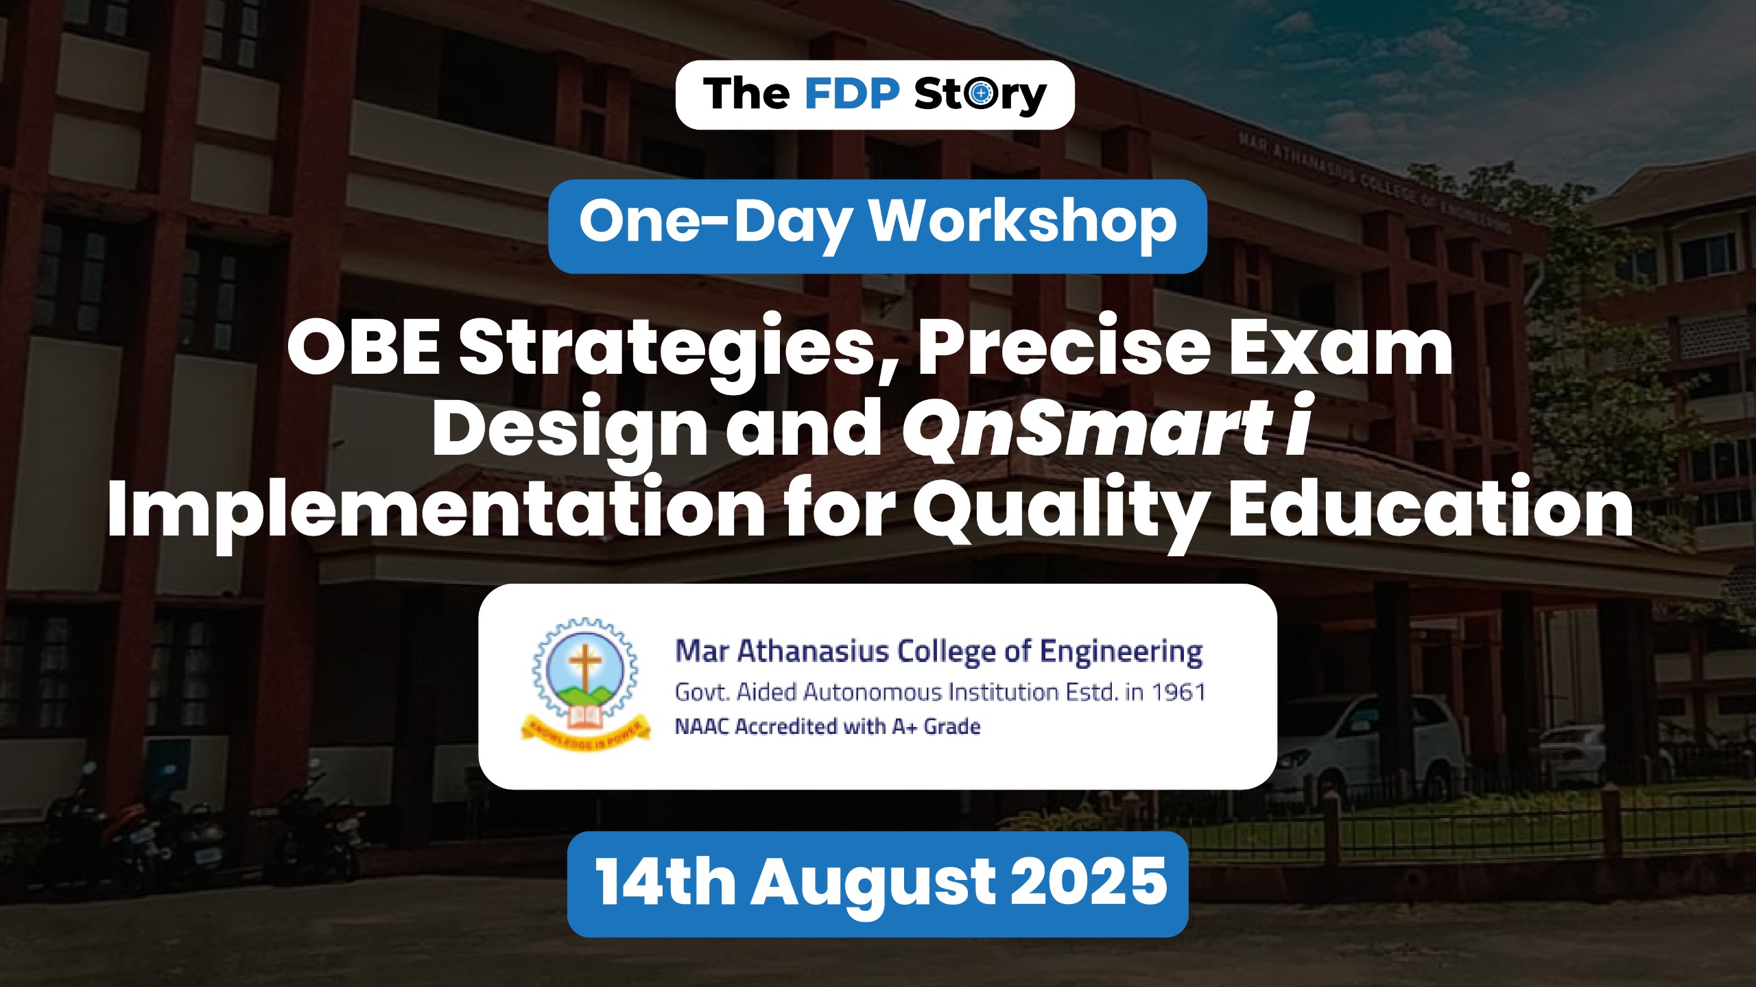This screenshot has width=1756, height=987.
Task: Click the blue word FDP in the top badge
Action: click(851, 94)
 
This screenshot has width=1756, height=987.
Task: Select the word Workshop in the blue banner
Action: click(1023, 222)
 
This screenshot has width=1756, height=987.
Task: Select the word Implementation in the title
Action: click(436, 511)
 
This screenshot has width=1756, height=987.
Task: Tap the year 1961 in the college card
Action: click(1178, 692)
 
